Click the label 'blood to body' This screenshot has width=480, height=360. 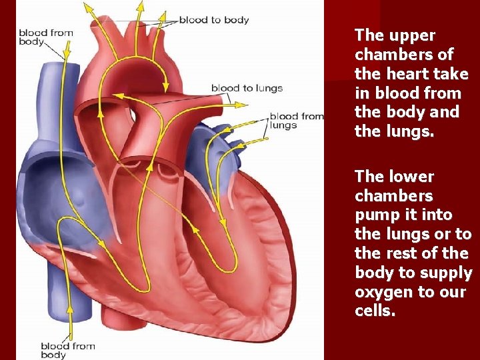(x=213, y=20)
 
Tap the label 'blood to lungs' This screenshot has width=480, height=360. (x=247, y=88)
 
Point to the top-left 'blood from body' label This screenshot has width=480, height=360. (x=45, y=37)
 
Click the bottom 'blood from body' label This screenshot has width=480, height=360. (x=67, y=350)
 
